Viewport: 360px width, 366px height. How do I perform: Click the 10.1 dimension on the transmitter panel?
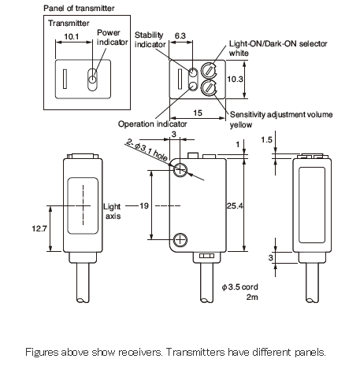click(72, 36)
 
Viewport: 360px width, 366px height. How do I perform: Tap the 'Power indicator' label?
click(112, 37)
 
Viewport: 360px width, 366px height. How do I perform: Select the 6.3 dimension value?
click(180, 35)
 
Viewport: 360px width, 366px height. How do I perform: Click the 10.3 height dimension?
click(235, 79)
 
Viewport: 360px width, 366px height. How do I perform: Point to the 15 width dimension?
click(198, 113)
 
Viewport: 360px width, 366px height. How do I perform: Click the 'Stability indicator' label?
click(150, 39)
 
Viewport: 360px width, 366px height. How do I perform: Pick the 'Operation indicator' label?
click(152, 124)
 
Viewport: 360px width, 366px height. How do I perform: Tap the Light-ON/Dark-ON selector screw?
click(210, 70)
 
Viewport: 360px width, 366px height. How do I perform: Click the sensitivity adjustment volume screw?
click(210, 87)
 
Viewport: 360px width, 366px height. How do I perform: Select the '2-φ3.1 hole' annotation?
click(147, 150)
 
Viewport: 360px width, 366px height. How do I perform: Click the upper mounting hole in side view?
click(180, 170)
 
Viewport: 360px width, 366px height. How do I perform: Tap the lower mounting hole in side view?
click(180, 240)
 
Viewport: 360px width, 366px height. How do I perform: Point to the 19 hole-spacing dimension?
click(144, 205)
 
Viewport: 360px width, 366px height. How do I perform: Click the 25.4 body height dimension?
click(235, 205)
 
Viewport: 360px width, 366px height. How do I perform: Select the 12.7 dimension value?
click(39, 228)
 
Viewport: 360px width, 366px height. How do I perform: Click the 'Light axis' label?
click(112, 211)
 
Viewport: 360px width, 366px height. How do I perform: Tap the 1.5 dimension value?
click(266, 140)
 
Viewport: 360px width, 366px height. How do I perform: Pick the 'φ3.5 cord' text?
click(239, 287)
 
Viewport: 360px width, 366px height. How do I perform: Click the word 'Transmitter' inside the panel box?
click(69, 23)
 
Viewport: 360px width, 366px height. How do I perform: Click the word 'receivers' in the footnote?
click(140, 352)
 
